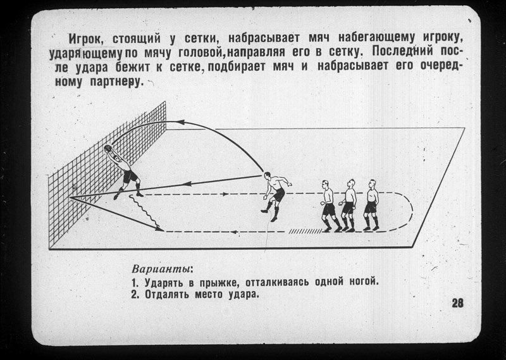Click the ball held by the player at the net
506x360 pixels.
[108, 149]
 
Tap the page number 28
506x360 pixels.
[457, 303]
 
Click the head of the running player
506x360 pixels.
[267, 176]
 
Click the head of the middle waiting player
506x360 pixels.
[351, 183]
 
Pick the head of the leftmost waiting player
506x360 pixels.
[325, 185]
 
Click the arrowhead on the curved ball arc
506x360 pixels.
[180, 122]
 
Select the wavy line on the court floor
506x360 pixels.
[145, 211]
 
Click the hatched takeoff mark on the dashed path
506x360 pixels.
[305, 232]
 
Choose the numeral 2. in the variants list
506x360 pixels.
[135, 294]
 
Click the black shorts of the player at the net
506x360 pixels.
[130, 177]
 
